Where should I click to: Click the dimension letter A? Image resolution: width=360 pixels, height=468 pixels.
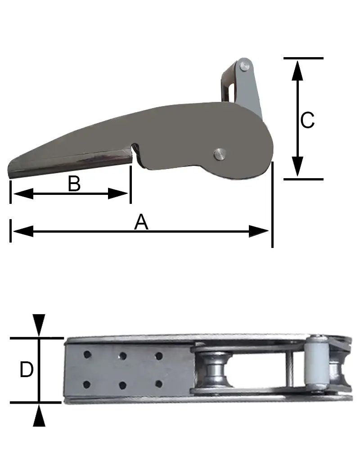pos(141,222)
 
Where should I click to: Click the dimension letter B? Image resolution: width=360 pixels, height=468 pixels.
pos(74,184)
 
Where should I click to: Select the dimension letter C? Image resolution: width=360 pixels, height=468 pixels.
pos(307,120)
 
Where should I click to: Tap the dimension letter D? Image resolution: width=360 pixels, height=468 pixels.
pos(26,369)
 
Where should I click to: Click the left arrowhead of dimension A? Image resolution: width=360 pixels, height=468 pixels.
pos(23,231)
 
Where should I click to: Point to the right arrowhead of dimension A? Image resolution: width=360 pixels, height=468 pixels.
pos(259,231)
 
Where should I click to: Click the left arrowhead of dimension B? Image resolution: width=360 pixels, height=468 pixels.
pos(23,193)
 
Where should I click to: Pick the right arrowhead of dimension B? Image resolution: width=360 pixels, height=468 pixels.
pos(118,193)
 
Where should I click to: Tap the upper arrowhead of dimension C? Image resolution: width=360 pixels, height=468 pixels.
pos(297,71)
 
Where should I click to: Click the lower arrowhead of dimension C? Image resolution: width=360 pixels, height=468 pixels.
pos(297,166)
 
